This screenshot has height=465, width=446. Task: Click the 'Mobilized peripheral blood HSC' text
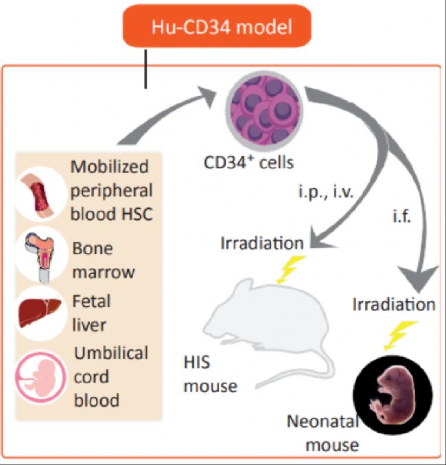click(x=111, y=190)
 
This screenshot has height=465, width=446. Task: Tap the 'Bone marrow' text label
click(x=103, y=259)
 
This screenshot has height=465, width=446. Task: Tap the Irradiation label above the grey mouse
click(x=262, y=243)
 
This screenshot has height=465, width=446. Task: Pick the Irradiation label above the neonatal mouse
click(x=394, y=304)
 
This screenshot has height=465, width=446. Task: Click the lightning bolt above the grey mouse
click(x=285, y=270)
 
